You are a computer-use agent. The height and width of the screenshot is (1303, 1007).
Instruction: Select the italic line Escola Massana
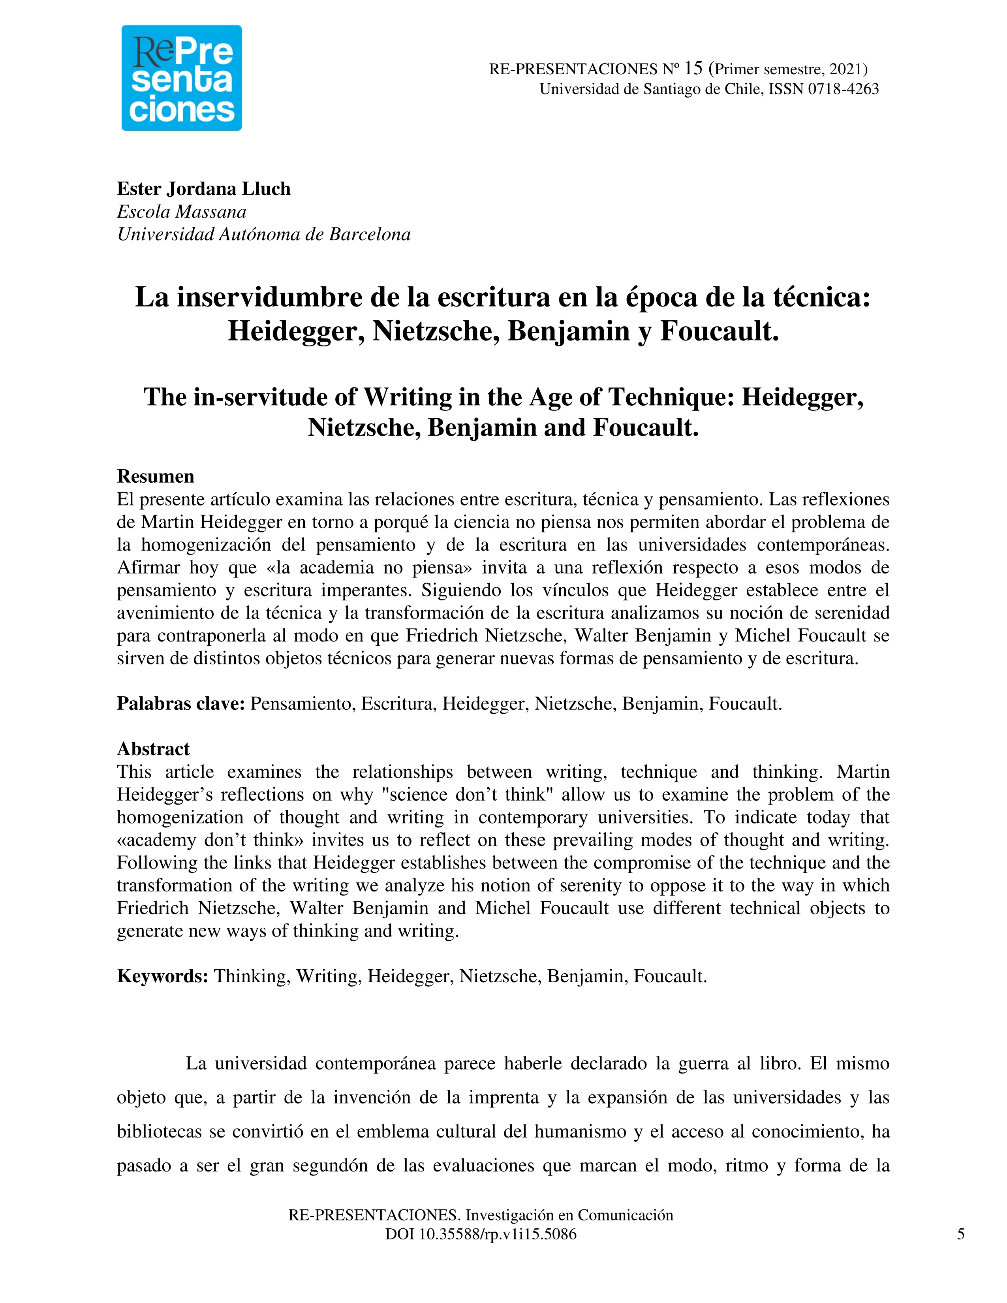pos(181,212)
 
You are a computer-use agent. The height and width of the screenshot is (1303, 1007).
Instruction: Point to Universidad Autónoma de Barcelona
pos(264,235)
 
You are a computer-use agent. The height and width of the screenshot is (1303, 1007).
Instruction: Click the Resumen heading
pos(155,476)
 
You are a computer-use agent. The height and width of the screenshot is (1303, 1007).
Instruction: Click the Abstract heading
pos(153,749)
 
